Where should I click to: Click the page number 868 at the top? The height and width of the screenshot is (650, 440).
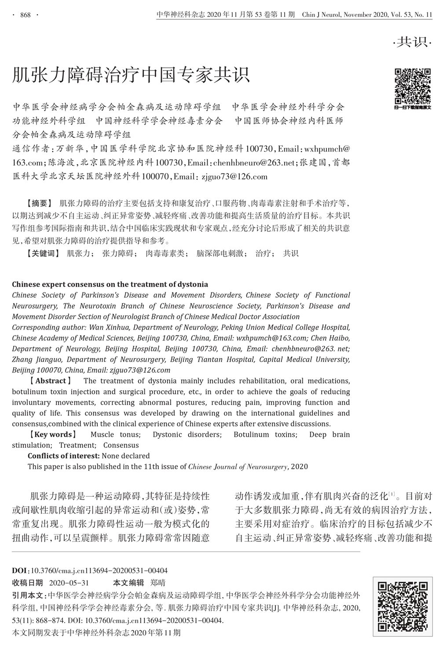(25, 15)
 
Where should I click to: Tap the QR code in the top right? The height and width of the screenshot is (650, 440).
(412, 85)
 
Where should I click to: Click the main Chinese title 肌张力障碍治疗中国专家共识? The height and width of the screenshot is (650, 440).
(131, 75)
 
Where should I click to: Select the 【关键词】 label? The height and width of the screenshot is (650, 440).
(43, 253)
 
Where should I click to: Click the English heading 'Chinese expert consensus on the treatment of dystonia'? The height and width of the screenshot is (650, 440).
(110, 284)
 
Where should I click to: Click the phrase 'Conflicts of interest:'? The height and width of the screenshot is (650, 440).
(64, 456)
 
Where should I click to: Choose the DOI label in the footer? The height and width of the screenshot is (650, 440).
(20, 570)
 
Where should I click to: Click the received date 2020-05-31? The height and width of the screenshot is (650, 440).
(70, 583)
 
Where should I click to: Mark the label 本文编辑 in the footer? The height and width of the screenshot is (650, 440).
(128, 583)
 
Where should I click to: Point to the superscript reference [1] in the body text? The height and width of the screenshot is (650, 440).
(392, 494)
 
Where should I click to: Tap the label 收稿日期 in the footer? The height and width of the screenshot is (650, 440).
(27, 583)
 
